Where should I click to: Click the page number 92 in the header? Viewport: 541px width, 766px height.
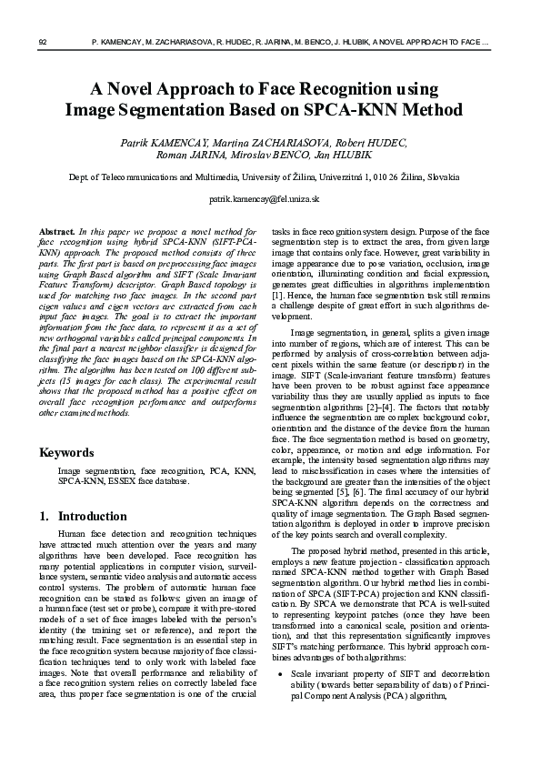coord(43,42)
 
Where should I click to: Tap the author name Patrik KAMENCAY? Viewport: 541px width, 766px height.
coord(160,143)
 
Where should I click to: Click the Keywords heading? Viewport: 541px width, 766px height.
coord(66,452)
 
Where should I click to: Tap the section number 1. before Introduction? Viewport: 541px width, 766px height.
coord(44,516)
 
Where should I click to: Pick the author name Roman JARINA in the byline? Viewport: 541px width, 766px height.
coord(200,156)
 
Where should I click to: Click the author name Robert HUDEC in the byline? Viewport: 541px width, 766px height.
coord(376,143)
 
